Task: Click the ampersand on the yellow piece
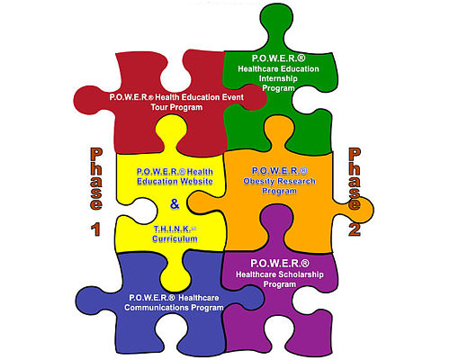(175, 204)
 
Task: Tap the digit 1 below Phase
(95, 229)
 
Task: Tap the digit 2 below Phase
(355, 229)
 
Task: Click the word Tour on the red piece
(159, 107)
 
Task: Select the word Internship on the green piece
(278, 78)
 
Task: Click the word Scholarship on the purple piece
(301, 274)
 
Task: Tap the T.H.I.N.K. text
(173, 229)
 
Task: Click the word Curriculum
(175, 238)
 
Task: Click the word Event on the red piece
(232, 97)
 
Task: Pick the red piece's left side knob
(87, 101)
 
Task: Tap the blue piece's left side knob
(90, 301)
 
